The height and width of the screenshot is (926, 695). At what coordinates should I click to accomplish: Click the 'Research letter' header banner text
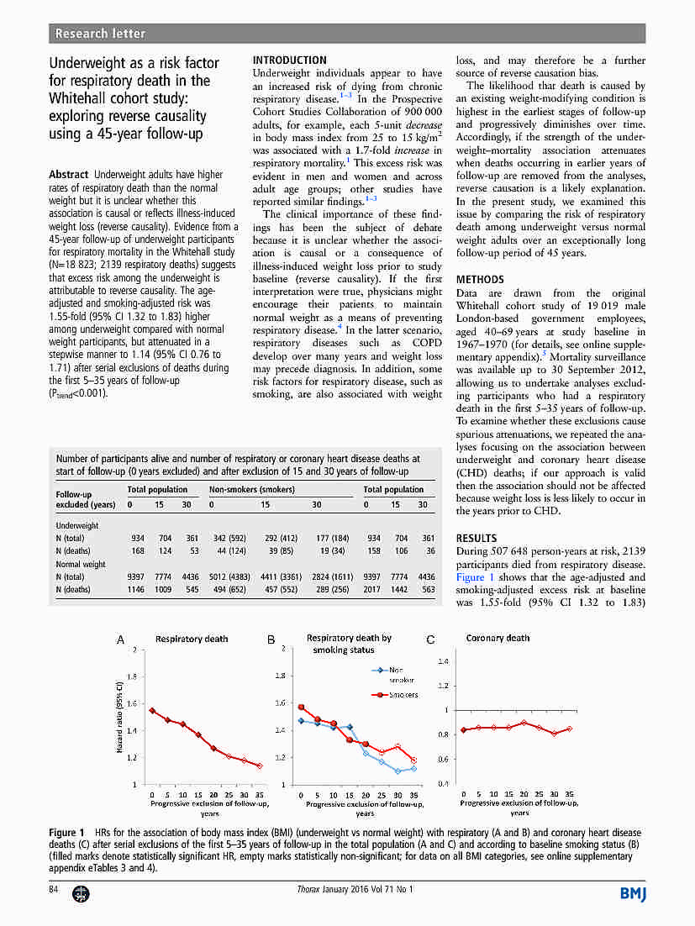click(100, 34)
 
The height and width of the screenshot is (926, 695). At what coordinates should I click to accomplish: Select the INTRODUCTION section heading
click(289, 61)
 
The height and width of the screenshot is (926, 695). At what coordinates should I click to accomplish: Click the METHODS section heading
click(480, 280)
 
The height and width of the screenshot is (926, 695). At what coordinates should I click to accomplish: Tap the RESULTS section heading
click(476, 539)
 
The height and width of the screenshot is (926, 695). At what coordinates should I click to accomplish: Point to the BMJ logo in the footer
click(633, 892)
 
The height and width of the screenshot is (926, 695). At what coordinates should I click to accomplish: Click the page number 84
click(55, 889)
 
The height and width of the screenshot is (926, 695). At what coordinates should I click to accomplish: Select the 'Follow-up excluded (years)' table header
click(85, 500)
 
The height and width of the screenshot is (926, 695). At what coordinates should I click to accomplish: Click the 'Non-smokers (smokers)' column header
click(251, 489)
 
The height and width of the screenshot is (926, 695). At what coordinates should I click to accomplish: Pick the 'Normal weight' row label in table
click(81, 565)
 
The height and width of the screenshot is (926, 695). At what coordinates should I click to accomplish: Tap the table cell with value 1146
click(136, 590)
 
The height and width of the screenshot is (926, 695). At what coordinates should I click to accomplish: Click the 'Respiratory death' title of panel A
click(192, 639)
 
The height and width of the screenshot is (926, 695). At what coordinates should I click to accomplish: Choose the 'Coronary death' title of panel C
click(498, 639)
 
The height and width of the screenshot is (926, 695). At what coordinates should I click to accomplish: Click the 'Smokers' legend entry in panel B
click(403, 695)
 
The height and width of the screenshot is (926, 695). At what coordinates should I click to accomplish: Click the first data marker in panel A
click(152, 711)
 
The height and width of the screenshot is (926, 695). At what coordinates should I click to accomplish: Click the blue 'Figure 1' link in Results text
click(476, 578)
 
